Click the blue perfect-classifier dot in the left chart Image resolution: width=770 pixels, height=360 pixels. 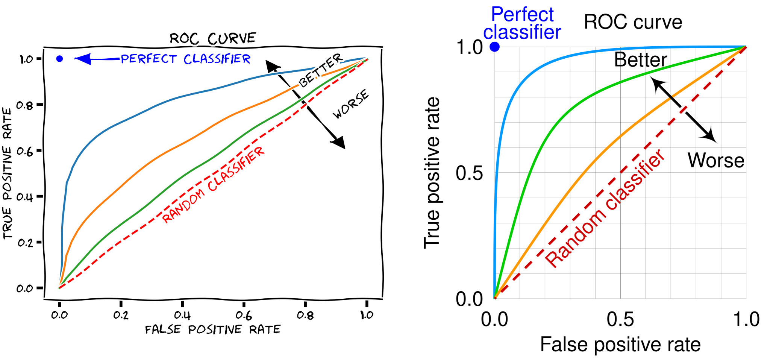point(59,59)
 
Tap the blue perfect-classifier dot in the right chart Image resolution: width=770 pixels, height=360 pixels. point(495,47)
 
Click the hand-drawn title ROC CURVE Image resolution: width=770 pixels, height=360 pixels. point(212,38)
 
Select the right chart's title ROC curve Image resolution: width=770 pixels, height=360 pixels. point(633,22)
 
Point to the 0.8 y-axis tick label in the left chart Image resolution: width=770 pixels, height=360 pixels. point(25,105)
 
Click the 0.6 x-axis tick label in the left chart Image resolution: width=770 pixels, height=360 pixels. point(244,315)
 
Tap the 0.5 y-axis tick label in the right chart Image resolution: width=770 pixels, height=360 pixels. point(469,173)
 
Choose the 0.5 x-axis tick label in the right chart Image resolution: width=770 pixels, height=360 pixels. point(620,319)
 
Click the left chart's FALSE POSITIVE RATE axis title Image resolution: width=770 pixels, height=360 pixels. point(213,330)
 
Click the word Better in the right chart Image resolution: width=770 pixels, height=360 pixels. point(640,60)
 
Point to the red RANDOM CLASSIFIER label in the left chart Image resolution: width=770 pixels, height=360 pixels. point(214,185)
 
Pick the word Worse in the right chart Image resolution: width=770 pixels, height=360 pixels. point(716,160)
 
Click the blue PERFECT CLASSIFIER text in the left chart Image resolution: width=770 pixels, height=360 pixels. point(186,59)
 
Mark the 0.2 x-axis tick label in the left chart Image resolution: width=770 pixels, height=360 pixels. point(121,315)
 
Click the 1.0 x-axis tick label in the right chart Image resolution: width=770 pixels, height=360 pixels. point(746,319)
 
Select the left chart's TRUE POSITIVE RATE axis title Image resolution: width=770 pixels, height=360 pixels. point(8,173)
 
